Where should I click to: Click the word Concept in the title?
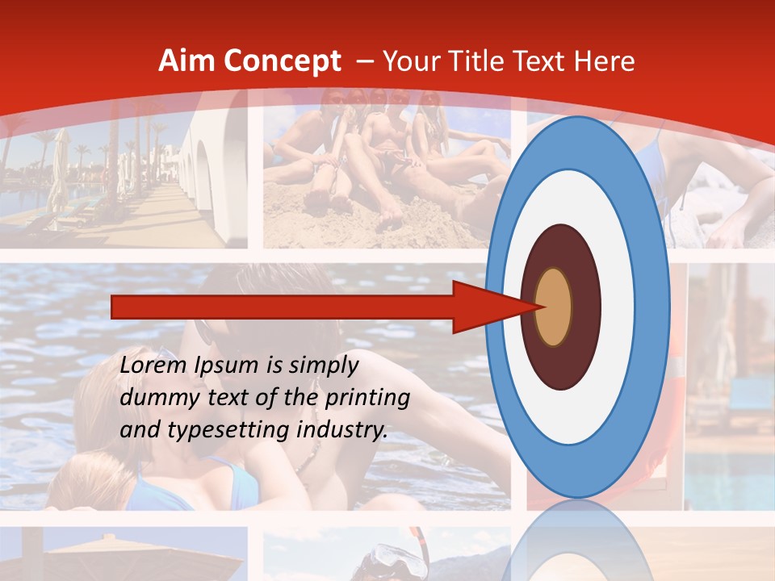pyautogui.click(x=282, y=62)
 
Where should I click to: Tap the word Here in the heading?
pyautogui.click(x=605, y=61)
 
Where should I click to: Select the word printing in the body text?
pyautogui.click(x=366, y=399)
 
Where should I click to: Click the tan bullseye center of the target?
pyautogui.click(x=554, y=307)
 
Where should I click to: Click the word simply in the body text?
pyautogui.click(x=322, y=366)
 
